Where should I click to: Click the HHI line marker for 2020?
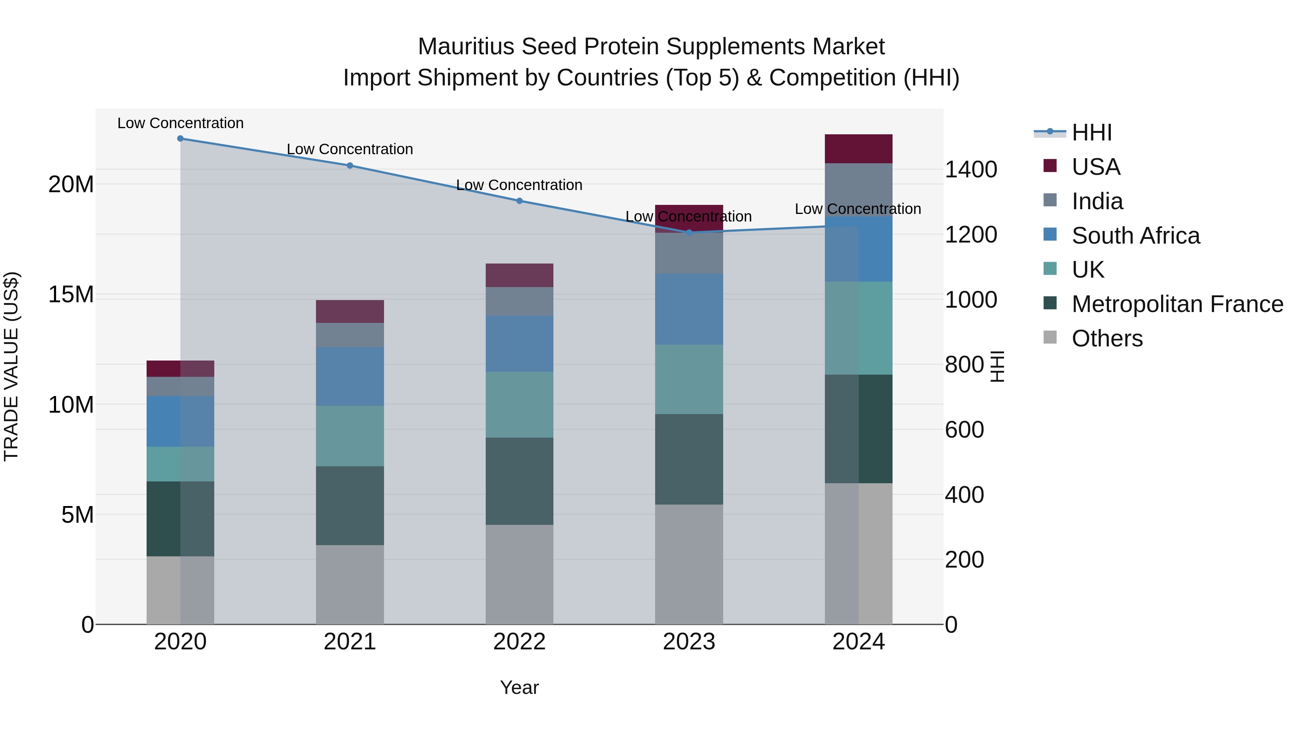180,139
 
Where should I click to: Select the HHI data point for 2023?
689,232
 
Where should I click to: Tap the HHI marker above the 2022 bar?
519,201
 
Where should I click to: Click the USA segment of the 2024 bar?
859,149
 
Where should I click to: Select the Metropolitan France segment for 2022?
519,481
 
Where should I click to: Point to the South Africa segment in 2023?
689,309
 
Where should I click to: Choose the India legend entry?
1097,201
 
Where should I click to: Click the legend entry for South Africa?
1135,236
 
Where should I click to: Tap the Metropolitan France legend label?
1177,304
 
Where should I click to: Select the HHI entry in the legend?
1091,132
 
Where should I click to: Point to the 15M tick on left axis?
71,294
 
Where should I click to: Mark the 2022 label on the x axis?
519,642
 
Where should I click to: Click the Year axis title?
519,687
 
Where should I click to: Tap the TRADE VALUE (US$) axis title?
11,366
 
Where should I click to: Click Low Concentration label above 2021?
350,149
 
